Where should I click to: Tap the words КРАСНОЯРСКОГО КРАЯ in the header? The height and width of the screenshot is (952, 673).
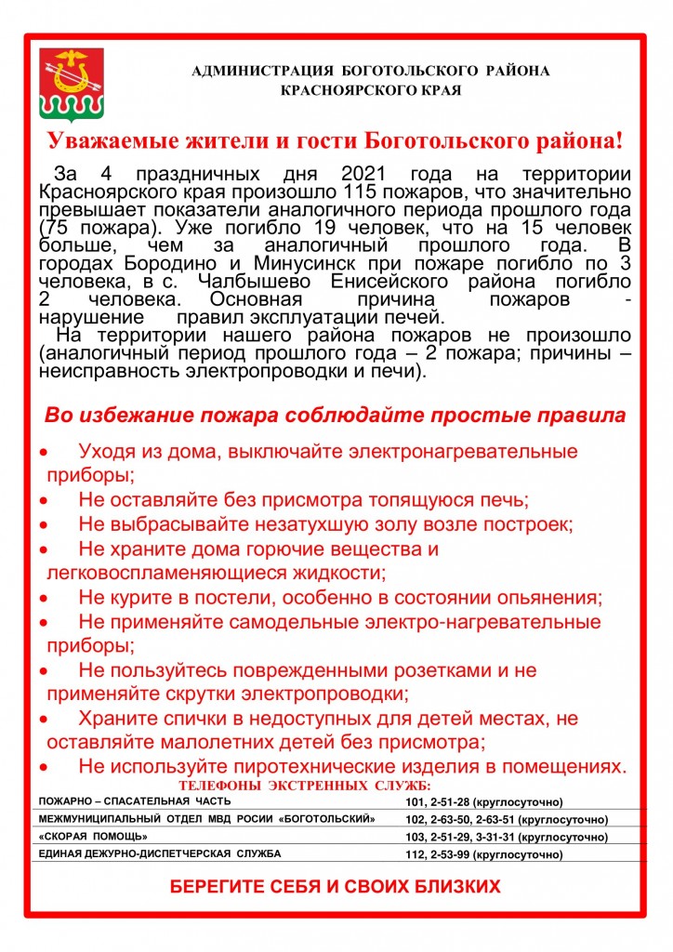point(371,90)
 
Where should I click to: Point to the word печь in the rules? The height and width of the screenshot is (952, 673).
point(506,499)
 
